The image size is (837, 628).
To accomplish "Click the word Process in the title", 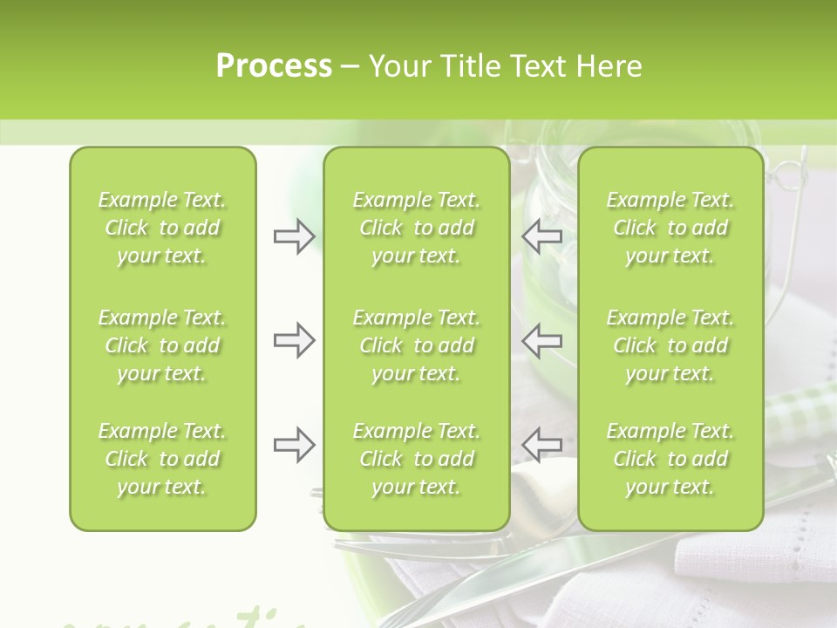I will pos(274,66).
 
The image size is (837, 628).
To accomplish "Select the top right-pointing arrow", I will pos(294,236).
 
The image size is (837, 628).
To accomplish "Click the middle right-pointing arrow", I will pos(294,340).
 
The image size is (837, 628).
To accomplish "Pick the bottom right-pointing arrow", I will pos(294,445).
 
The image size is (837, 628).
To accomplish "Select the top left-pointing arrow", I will pos(542,236).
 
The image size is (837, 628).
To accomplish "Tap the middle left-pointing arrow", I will pos(542,340).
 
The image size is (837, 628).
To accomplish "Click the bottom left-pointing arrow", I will pos(542,445).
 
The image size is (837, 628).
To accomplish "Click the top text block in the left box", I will pos(162,228).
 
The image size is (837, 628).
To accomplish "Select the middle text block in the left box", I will pos(162,345).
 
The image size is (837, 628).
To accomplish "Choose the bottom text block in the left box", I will pos(162,459).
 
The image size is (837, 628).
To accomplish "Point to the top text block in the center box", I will pos(417,228).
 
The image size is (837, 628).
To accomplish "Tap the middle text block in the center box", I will pos(417,345).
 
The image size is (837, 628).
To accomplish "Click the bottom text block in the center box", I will pos(417,459).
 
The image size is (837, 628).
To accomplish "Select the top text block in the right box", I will pos(670,228).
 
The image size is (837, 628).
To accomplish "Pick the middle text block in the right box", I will pos(670,345).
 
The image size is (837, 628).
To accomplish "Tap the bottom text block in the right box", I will pos(670,459).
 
